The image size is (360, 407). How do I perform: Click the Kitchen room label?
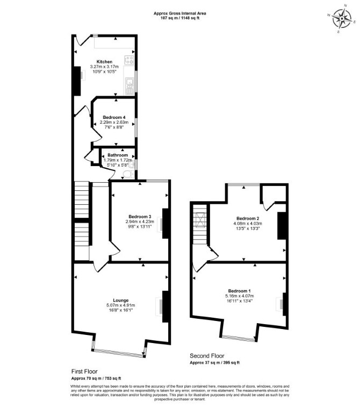coord(104,62)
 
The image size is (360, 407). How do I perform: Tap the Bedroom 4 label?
coord(114,117)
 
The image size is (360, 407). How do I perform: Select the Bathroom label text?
coord(118,155)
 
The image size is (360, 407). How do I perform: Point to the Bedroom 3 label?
coord(140,217)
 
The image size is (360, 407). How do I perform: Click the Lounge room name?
coord(120,301)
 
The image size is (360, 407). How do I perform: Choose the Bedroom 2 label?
coord(248,218)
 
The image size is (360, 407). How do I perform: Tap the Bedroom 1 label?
coord(240,291)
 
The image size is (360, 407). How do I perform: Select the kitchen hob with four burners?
coord(129,60)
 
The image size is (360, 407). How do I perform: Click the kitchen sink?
coord(129,86)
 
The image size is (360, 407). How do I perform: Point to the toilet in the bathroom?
coord(128,174)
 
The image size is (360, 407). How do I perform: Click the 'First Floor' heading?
coord(84,372)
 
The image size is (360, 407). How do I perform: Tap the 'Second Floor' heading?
coord(207,355)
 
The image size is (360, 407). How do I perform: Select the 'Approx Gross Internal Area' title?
coord(180,13)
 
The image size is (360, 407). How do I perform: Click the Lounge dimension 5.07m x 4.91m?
coord(120,305)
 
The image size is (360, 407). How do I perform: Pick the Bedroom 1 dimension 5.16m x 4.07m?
coord(240,296)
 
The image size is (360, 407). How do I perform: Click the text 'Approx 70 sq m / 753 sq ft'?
coord(96,378)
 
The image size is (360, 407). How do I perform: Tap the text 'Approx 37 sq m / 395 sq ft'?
coord(215,362)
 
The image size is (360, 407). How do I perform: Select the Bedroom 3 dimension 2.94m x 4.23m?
coord(140,222)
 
